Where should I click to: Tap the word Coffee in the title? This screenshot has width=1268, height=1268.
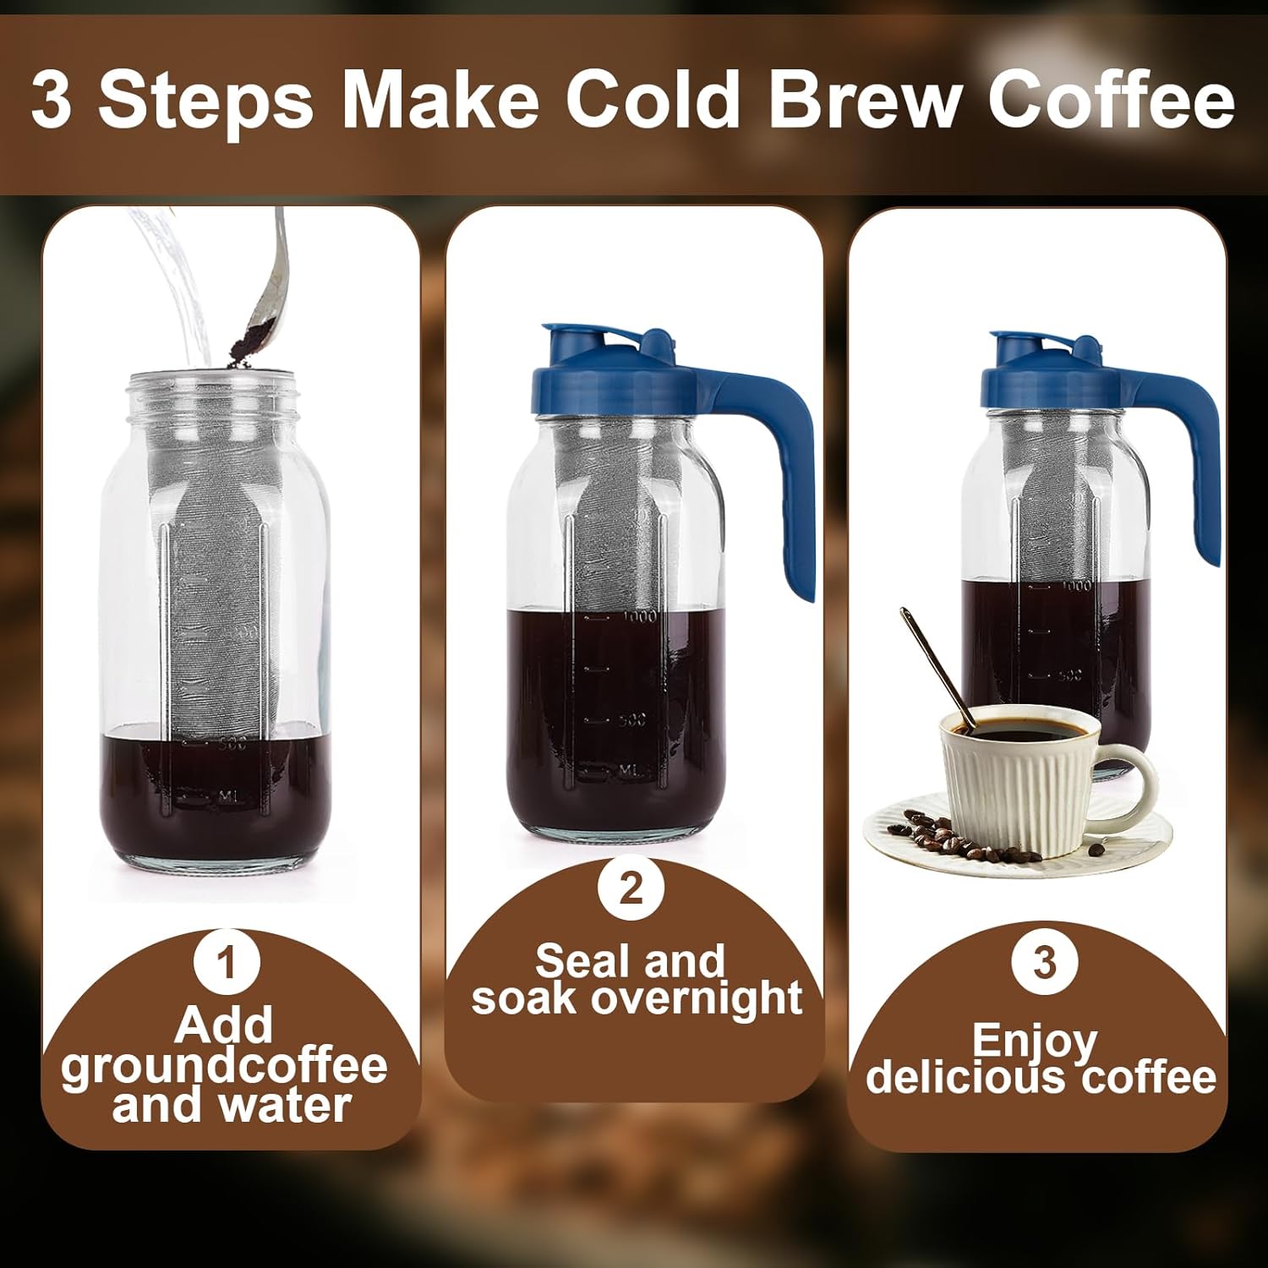pos(1111,101)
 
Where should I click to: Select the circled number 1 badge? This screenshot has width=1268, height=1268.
pos(226,963)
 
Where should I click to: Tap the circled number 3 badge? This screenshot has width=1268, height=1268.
pos(1045,963)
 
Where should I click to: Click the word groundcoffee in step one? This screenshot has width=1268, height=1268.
pos(224,1066)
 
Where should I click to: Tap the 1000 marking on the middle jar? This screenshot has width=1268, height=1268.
pos(639,617)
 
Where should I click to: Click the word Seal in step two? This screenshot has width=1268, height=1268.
pos(572,961)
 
